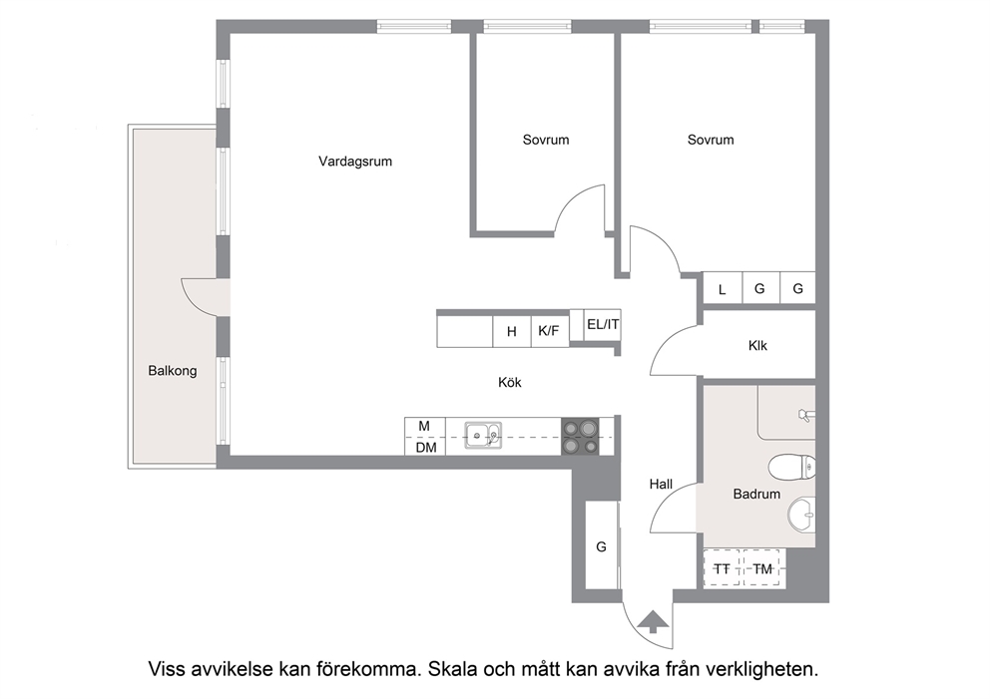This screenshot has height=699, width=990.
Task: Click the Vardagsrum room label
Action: click(355, 162)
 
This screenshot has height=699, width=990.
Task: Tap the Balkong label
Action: click(173, 371)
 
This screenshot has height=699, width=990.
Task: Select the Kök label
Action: click(510, 382)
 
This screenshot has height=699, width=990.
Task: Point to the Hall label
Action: click(661, 484)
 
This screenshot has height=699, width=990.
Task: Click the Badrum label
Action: click(756, 494)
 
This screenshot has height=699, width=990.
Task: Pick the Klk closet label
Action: click(757, 346)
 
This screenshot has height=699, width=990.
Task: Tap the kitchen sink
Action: click(484, 436)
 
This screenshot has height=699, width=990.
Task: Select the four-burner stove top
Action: click(580, 437)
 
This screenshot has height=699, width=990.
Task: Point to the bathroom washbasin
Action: click(801, 514)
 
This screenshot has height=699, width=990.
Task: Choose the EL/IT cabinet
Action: click(603, 325)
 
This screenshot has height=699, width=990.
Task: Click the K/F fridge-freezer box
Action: click(549, 331)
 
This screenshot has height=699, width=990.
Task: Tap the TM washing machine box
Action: click(762, 569)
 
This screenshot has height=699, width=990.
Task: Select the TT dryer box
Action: click(722, 569)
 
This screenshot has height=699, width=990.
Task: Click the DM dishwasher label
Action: click(426, 448)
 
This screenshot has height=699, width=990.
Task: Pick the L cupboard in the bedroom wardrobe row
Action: click(723, 289)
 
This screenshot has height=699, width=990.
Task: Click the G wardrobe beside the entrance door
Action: click(602, 545)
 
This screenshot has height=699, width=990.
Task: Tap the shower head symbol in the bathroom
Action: click(805, 415)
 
